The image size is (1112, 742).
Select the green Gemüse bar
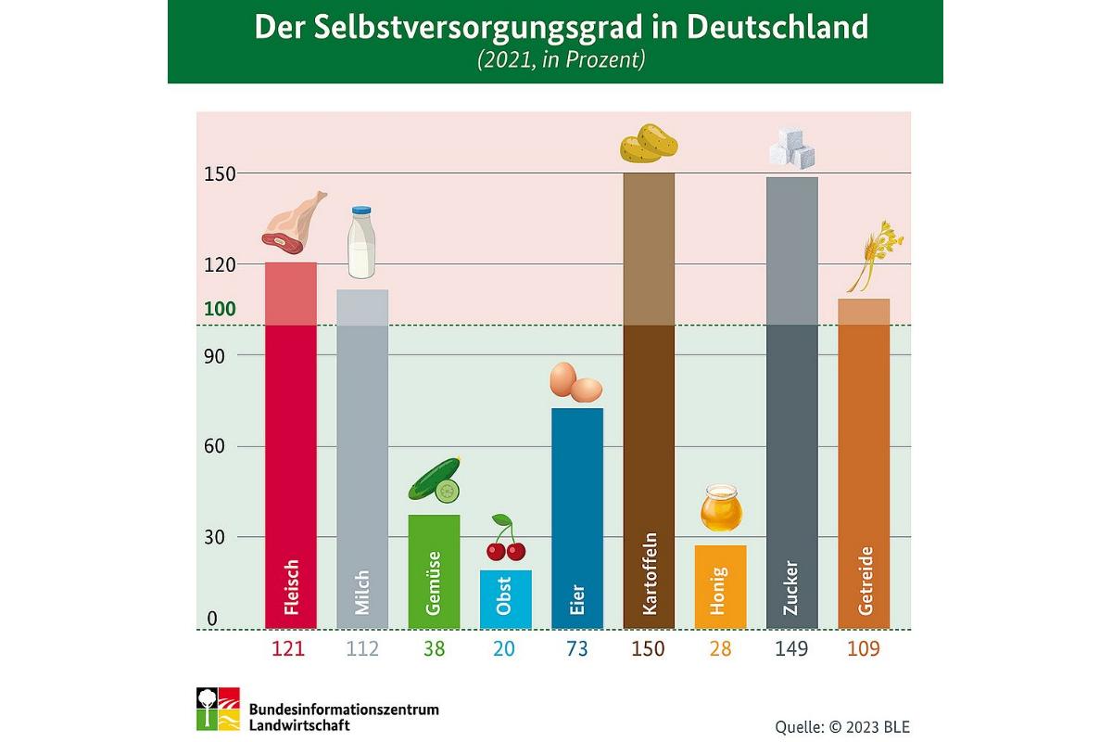tap(434, 571)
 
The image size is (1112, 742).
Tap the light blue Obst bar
tap(505, 599)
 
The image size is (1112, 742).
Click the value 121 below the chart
tap(287, 649)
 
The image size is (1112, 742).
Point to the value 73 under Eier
tap(576, 649)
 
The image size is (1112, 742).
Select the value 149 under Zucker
tap(790, 649)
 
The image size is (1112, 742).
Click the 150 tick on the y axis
tap(220, 173)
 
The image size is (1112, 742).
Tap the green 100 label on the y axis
tap(220, 309)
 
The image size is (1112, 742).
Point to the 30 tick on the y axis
tap(215, 537)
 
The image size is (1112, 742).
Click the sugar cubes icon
tap(791, 148)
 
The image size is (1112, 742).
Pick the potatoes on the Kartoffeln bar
tap(649, 145)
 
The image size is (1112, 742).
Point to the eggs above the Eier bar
tap(576, 382)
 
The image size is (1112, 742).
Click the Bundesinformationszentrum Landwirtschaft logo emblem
tap(218, 710)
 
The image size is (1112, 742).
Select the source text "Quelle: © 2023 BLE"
tap(842, 726)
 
